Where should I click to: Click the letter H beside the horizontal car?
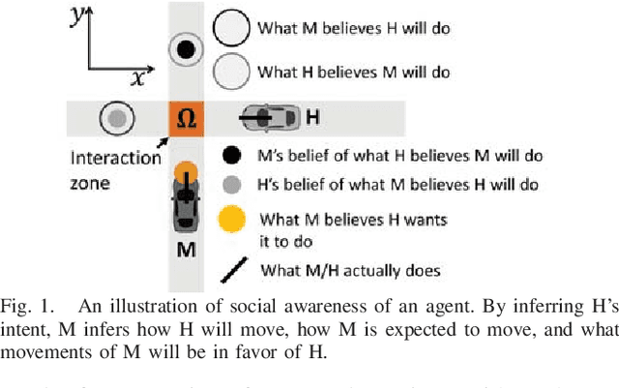coord(312,118)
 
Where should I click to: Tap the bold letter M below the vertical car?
coord(187,250)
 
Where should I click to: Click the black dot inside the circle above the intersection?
coord(188,48)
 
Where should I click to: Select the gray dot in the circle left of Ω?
coord(117,118)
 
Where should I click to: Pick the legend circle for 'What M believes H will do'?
coord(232,28)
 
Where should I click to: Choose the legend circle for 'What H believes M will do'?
coord(232,70)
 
